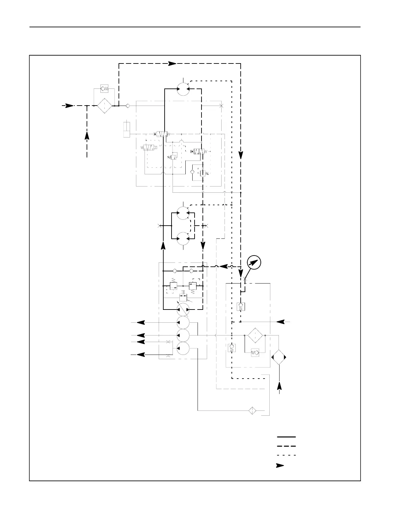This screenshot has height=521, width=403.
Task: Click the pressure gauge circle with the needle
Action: tap(254, 262)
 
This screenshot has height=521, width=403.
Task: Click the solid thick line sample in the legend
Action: tap(286, 437)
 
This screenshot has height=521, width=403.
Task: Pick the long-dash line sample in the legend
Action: tap(286, 446)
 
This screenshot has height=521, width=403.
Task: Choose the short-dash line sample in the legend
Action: tap(286, 456)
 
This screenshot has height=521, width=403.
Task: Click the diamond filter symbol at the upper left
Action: tap(104, 106)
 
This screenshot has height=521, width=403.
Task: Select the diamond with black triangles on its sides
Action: tap(279, 357)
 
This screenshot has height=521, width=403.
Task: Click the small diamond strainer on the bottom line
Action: tap(252, 410)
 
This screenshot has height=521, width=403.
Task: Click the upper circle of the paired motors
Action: tap(183, 213)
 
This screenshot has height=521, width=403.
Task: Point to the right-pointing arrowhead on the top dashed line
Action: tap(172, 63)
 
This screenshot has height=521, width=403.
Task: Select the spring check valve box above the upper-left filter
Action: tap(104, 89)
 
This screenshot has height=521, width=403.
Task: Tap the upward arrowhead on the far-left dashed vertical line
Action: tap(87, 135)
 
